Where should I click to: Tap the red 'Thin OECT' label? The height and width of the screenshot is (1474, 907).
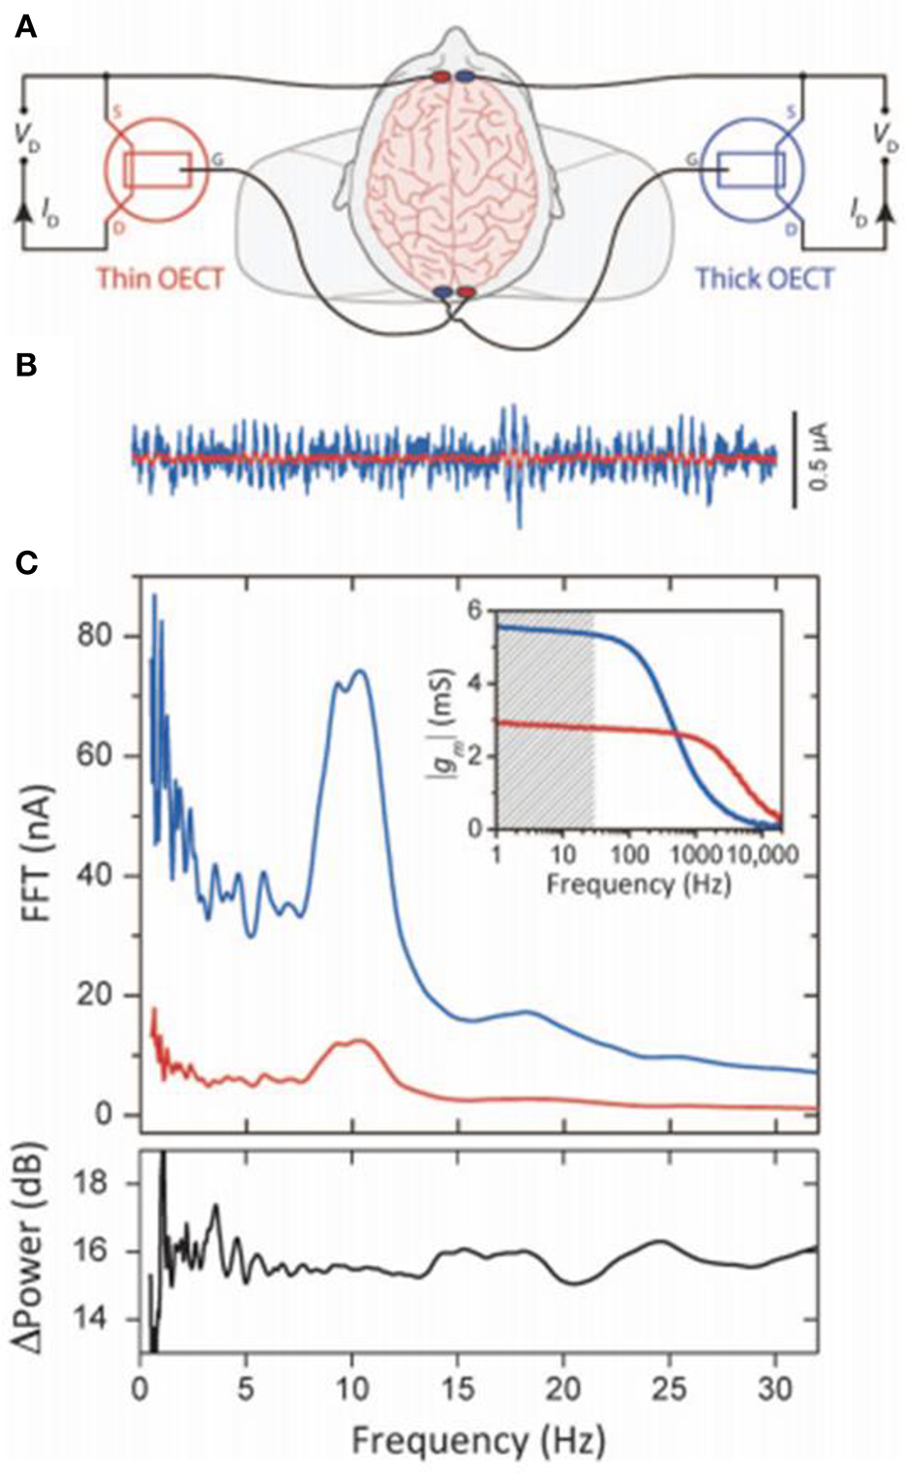160,279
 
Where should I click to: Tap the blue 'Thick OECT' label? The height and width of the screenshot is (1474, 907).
765,279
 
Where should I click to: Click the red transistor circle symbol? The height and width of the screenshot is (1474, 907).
155,170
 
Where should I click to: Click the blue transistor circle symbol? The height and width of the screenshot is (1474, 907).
751,170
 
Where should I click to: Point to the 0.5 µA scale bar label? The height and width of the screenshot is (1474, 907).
821,460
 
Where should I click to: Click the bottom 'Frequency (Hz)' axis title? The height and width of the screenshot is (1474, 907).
478,1441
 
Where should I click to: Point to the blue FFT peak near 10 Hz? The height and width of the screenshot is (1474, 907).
361,671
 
